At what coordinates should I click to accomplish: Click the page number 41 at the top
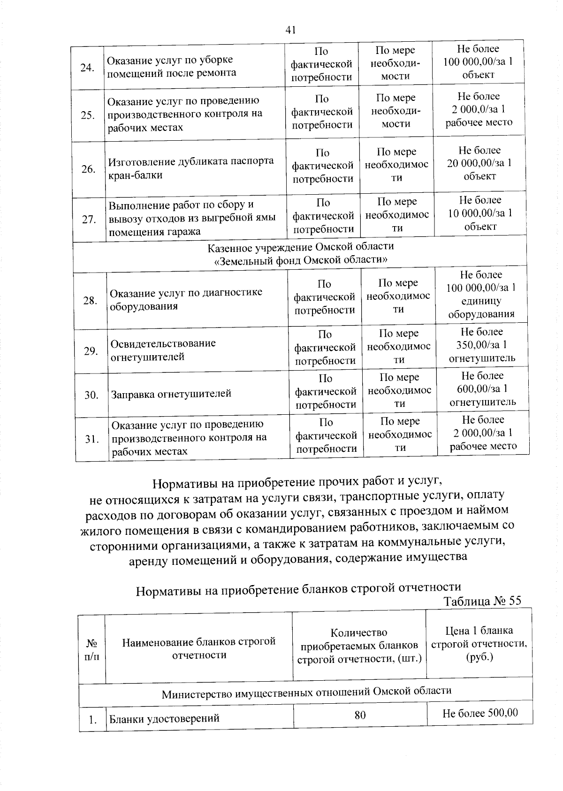coord(290,30)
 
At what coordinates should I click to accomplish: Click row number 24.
coord(88,67)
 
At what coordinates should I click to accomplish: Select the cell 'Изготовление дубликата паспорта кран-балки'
coord(191,168)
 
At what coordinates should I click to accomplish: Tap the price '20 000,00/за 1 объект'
coord(479,163)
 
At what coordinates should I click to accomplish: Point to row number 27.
coord(89,219)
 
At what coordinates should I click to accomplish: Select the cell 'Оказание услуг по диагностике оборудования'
coord(186,299)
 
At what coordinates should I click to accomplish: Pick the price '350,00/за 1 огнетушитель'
coord(482,345)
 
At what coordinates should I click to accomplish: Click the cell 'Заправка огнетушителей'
coord(171,394)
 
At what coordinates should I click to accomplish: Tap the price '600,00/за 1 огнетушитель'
coord(483,389)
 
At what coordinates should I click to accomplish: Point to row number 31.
coord(91,439)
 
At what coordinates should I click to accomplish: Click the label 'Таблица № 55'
coord(482,601)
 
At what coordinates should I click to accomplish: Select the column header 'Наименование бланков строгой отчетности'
coord(198,648)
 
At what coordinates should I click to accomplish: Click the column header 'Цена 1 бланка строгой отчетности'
coord(479,643)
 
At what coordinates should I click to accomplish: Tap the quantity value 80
coord(360,715)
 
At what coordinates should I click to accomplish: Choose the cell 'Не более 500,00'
coord(480,713)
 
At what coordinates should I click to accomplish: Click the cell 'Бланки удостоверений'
coord(164,718)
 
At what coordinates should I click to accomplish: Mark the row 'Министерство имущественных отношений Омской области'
coord(306,692)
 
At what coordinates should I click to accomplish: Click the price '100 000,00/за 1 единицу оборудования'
coord(481,294)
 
